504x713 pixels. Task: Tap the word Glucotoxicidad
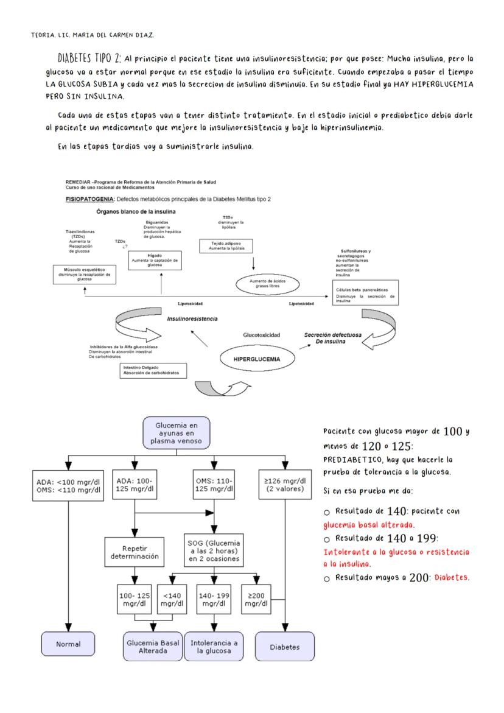pyautogui.click(x=262, y=334)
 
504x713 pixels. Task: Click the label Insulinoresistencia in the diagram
pyautogui.click(x=192, y=318)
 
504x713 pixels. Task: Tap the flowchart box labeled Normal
pyautogui.click(x=68, y=642)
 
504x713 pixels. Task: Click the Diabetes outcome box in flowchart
pyautogui.click(x=285, y=647)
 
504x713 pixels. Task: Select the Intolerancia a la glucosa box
pyautogui.click(x=214, y=647)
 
